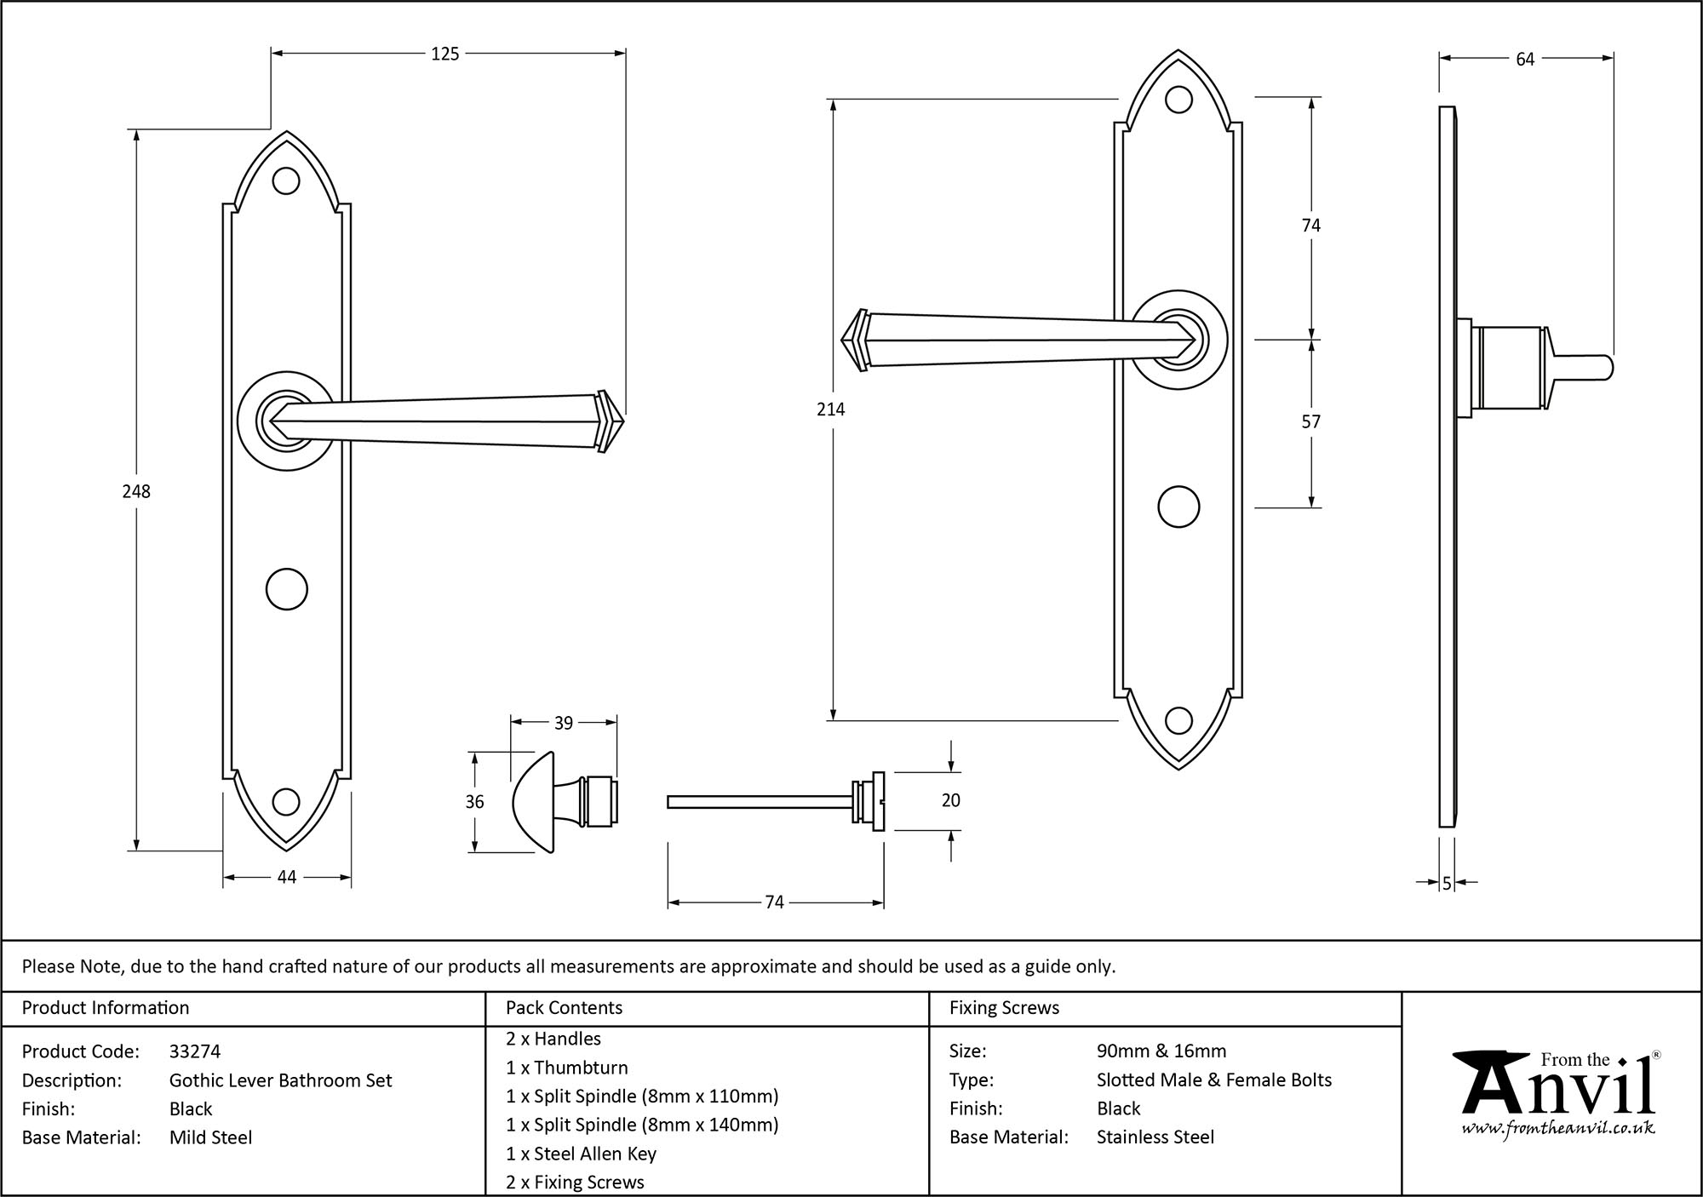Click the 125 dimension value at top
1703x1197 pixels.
point(444,54)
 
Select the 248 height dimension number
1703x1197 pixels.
point(136,491)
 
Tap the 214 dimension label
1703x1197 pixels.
point(830,409)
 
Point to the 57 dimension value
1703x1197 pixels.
point(1310,422)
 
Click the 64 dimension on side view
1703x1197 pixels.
point(1524,60)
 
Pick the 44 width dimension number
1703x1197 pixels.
point(286,877)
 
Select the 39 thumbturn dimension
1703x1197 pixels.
point(563,724)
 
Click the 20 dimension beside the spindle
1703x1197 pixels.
point(950,800)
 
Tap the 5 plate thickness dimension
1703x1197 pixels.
point(1446,885)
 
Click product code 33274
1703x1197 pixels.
point(195,1051)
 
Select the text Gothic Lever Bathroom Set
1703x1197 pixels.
point(280,1080)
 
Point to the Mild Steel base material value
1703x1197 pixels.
point(210,1137)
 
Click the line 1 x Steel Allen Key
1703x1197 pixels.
point(581,1154)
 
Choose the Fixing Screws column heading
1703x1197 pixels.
point(1004,1008)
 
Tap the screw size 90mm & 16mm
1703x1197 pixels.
point(1161,1051)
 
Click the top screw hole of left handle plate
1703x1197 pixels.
point(286,180)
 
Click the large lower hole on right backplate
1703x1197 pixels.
point(1178,507)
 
